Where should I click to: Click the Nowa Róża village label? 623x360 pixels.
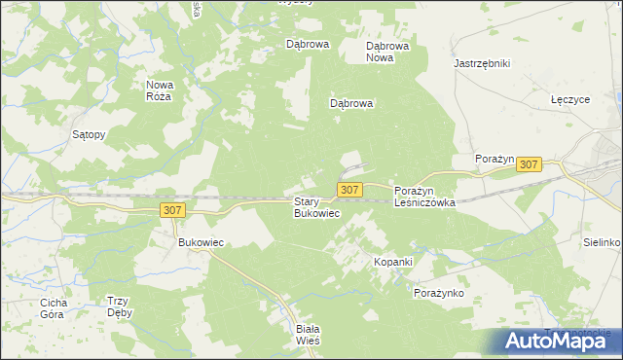pos(159,90)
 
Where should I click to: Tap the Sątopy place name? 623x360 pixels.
pos(90,135)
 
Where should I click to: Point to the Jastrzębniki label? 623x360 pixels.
pos(482,63)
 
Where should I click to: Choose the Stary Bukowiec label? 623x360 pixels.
pos(316,207)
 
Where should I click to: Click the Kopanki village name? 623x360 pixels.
pos(394,263)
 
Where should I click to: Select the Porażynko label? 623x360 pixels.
pos(439,293)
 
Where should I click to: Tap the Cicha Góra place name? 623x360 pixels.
pos(53,308)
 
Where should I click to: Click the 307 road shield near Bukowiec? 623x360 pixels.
pos(172,210)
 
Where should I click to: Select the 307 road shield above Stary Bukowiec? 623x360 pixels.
pos(350,189)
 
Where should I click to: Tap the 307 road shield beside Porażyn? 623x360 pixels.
pos(529,165)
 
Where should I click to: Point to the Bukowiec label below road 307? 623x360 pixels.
pos(201,242)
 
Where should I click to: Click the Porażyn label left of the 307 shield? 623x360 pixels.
pos(494,158)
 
